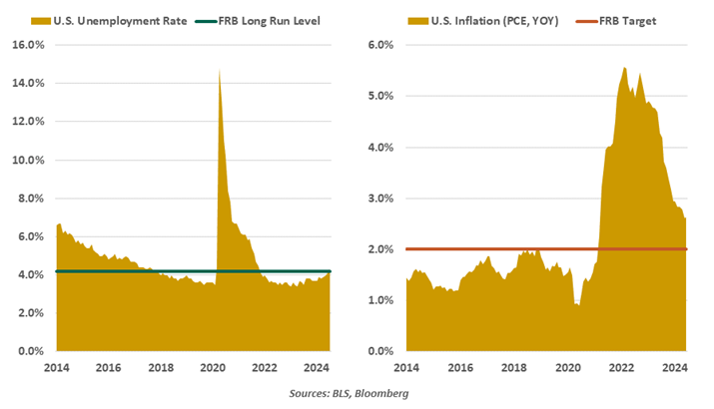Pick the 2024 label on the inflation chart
pyautogui.click(x=674, y=367)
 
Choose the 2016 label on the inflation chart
pyautogui.click(x=460, y=367)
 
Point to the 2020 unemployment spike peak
pyautogui.click(x=219, y=69)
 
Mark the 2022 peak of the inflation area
pyautogui.click(x=624, y=68)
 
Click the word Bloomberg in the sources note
pyautogui.click(x=380, y=393)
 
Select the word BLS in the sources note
pyautogui.click(x=326, y=393)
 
